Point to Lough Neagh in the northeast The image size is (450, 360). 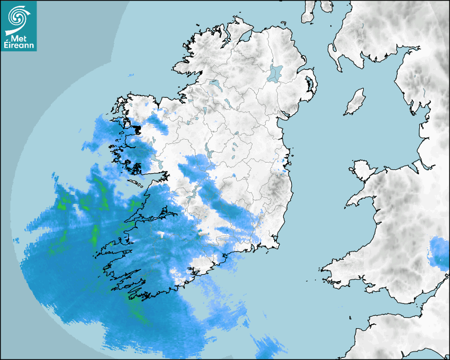coord(275,73)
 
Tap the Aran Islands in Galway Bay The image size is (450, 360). coord(136,184)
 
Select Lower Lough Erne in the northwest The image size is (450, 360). coord(214,84)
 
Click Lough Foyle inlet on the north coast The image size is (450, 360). coord(245,38)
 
